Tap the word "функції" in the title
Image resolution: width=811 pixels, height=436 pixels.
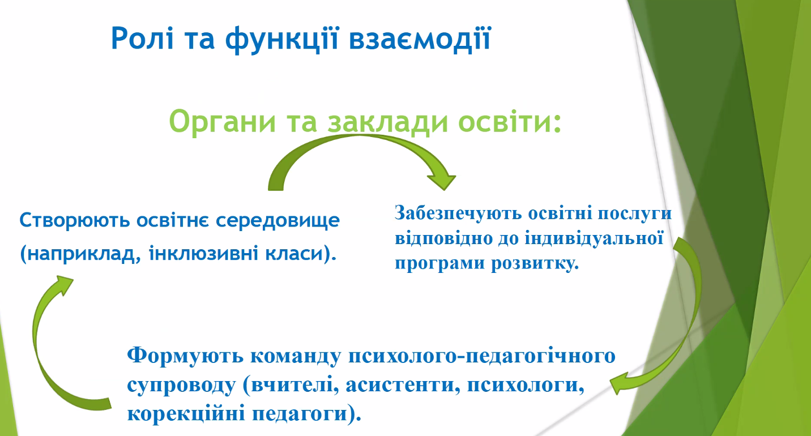282,39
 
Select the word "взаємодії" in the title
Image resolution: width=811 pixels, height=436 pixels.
420,39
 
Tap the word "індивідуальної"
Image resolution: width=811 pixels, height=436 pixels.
594,238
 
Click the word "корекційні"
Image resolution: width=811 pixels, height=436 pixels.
186,414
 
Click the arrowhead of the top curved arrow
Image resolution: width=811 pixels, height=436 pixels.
441,179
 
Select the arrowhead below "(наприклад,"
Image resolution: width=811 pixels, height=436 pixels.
63,284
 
